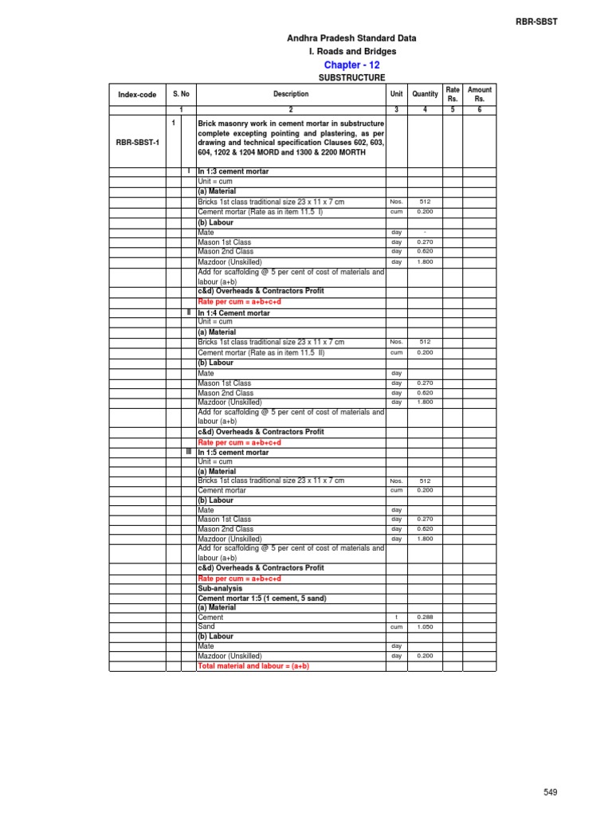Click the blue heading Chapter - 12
(351, 65)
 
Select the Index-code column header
(137, 95)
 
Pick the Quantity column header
(425, 94)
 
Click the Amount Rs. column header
(480, 94)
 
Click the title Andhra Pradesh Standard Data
(351, 38)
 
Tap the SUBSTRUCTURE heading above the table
(351, 78)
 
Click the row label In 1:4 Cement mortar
(233, 313)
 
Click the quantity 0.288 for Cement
(424, 618)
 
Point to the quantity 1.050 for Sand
(424, 627)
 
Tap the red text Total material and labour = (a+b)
(253, 665)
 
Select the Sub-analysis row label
(219, 588)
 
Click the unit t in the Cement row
(396, 618)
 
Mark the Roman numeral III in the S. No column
(188, 452)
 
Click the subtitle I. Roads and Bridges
(351, 52)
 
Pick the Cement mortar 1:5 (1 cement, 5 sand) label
(262, 598)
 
